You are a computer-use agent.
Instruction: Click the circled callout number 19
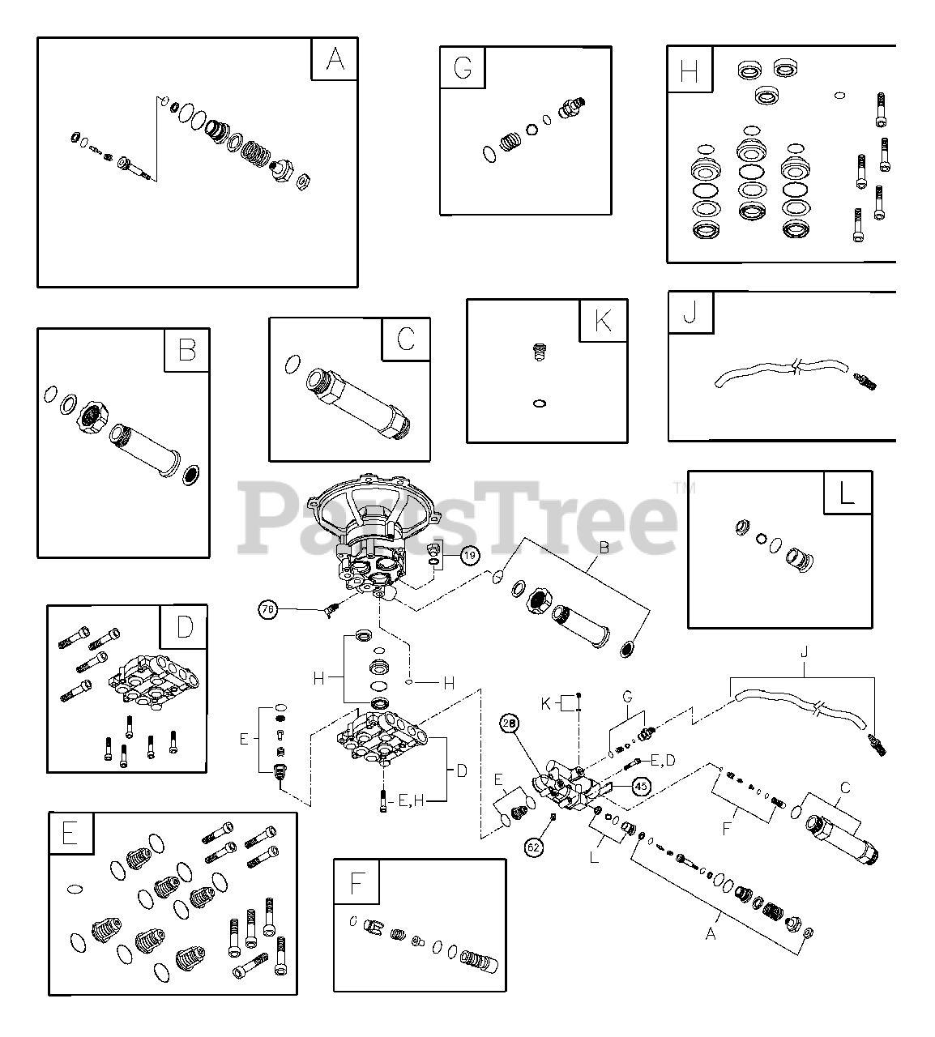coord(470,555)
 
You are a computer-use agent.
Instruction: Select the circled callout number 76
coord(268,609)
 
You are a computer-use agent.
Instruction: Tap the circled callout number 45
coord(641,785)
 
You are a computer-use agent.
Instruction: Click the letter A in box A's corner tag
coord(335,59)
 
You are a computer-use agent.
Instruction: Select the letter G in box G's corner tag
coord(463,67)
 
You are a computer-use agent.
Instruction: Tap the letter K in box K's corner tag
coord(604,321)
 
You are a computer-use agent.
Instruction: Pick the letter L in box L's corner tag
coord(847,493)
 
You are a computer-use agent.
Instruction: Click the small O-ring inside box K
coord(540,403)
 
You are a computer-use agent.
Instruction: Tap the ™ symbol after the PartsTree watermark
coord(679,488)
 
